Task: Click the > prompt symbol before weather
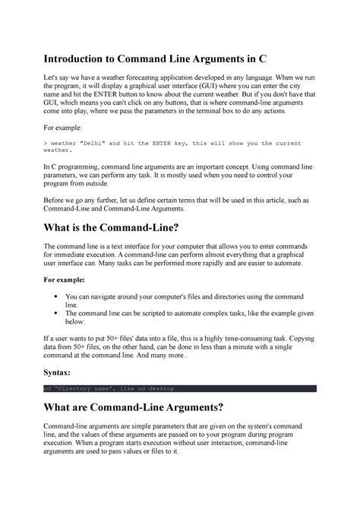click(46, 142)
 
